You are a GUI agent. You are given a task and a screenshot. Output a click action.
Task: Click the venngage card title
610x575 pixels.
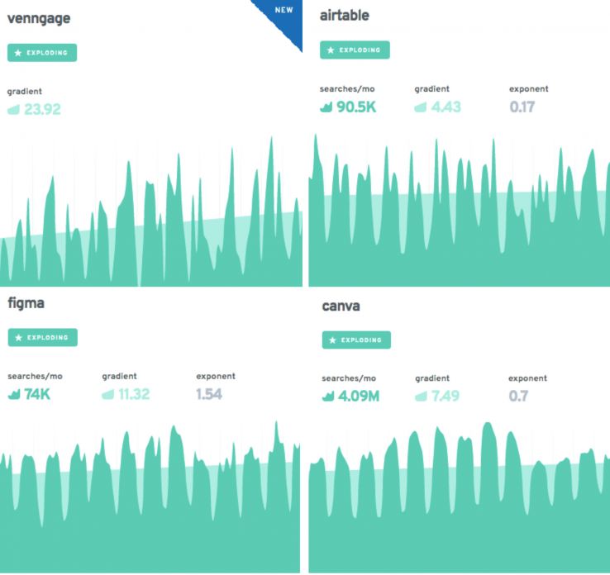(38, 19)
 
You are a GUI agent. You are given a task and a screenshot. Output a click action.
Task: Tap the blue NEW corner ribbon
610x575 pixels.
(284, 16)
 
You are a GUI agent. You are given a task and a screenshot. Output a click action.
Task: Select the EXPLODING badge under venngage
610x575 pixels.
(42, 53)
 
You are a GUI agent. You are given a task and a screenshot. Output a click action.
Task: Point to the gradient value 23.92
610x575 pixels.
(41, 109)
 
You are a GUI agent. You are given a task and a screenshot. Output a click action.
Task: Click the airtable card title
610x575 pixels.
(345, 16)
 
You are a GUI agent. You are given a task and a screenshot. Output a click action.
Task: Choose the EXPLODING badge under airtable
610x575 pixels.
(355, 50)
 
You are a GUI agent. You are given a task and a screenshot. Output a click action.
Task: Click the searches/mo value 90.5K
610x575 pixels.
(356, 107)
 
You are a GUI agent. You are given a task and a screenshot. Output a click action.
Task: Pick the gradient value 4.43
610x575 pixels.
(446, 107)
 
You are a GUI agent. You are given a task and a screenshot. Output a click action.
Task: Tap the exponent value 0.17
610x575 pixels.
(522, 107)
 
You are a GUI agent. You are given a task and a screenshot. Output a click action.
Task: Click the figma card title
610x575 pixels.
(26, 303)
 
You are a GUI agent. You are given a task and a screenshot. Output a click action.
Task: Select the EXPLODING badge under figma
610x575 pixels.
(42, 337)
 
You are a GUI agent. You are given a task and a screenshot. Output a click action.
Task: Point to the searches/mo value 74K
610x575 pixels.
(37, 394)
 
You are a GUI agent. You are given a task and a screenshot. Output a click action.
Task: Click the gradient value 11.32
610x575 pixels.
(133, 394)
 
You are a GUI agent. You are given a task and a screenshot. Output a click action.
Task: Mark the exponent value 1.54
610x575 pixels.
(209, 394)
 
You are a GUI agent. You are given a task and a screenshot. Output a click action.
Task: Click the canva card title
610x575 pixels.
(341, 307)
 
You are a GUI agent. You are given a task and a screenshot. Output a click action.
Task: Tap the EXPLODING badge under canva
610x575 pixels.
(355, 340)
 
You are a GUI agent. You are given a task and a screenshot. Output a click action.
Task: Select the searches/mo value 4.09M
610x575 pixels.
(357, 397)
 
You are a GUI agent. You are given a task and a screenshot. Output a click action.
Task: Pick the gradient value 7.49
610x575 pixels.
(445, 397)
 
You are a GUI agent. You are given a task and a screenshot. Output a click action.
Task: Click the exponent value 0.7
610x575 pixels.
(519, 397)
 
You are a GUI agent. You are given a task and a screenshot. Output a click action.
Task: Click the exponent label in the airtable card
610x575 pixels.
(528, 88)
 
